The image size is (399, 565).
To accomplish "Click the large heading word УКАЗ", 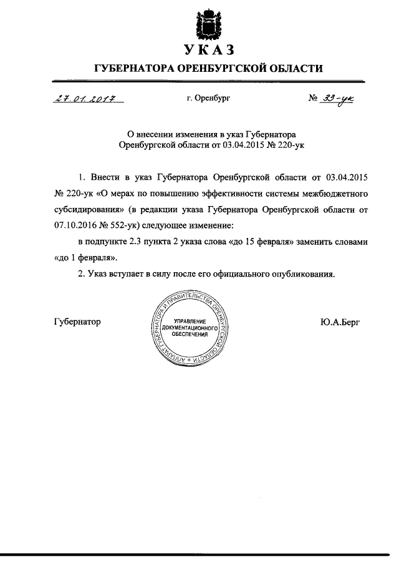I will point(208,49).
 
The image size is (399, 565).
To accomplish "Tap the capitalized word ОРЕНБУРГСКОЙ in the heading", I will point(223,67).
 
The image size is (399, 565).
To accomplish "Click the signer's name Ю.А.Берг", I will point(340,322).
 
